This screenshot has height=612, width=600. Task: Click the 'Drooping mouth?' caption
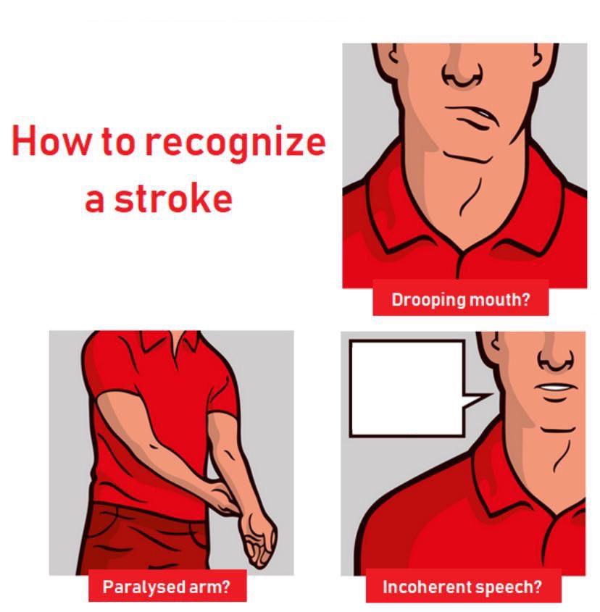coord(460,300)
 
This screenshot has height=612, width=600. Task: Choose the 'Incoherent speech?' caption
coord(462,587)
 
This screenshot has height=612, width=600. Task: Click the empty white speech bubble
coord(406,387)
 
